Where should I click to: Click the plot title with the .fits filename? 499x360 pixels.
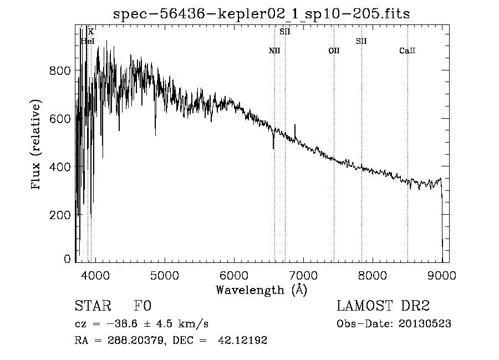point(261,14)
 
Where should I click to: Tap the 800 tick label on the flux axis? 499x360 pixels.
point(60,70)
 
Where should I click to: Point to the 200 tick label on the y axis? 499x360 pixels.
point(60,215)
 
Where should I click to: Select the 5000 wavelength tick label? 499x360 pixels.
point(165,275)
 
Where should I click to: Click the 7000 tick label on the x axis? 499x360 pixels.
point(303,275)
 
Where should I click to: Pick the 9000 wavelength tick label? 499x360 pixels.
point(442,275)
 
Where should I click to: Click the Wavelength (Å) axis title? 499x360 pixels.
point(262,290)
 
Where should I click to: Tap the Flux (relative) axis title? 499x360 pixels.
point(35,144)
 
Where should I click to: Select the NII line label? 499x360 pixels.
point(274,50)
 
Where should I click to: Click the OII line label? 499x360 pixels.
point(334,50)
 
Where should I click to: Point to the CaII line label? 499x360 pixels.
point(408,50)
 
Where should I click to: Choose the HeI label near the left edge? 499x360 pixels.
point(88,41)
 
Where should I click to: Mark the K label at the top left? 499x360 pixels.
point(91,32)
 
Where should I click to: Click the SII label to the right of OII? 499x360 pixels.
point(361,41)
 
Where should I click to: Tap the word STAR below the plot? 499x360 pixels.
point(93,306)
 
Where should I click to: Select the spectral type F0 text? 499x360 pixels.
point(142,306)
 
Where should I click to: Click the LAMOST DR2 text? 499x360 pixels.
point(383,306)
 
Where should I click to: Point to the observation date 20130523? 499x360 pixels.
point(425,324)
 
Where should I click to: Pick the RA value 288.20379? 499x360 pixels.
point(136,340)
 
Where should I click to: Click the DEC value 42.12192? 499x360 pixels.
point(242,340)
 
